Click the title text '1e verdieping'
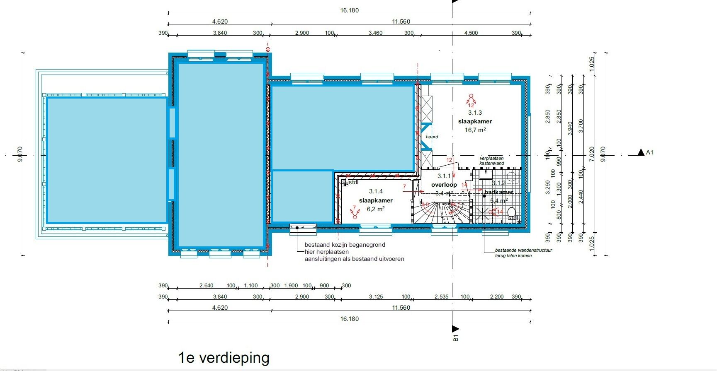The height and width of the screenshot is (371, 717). pyautogui.click(x=224, y=357)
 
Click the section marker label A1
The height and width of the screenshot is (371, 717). pyautogui.click(x=649, y=152)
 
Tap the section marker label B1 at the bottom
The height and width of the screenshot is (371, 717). pyautogui.click(x=456, y=337)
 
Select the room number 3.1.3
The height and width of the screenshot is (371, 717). pyautogui.click(x=475, y=113)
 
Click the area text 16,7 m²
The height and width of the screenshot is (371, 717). pyautogui.click(x=475, y=130)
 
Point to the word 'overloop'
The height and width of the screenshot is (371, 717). pyautogui.click(x=444, y=185)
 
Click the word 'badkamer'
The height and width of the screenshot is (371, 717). pyautogui.click(x=499, y=192)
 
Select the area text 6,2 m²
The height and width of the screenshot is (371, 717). pyautogui.click(x=375, y=209)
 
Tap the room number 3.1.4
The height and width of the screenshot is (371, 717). pyautogui.click(x=376, y=191)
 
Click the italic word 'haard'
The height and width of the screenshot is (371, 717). pyautogui.click(x=432, y=137)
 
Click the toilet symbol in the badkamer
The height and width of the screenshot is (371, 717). pyautogui.click(x=511, y=213)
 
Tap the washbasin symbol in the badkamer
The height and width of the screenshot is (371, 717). pyautogui.click(x=486, y=175)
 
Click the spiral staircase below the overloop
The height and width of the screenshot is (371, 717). pyautogui.click(x=442, y=212)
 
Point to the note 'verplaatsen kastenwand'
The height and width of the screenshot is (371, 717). pyautogui.click(x=492, y=161)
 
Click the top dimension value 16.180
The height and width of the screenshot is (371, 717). pyautogui.click(x=349, y=10)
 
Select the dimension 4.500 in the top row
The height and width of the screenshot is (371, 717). pyautogui.click(x=471, y=33)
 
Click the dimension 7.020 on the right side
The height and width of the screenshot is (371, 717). pyautogui.click(x=592, y=154)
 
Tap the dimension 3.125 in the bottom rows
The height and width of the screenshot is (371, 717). pyautogui.click(x=376, y=296)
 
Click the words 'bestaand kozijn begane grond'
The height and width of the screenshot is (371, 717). pyautogui.click(x=345, y=245)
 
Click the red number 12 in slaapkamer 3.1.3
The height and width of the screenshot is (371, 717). pyautogui.click(x=471, y=105)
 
